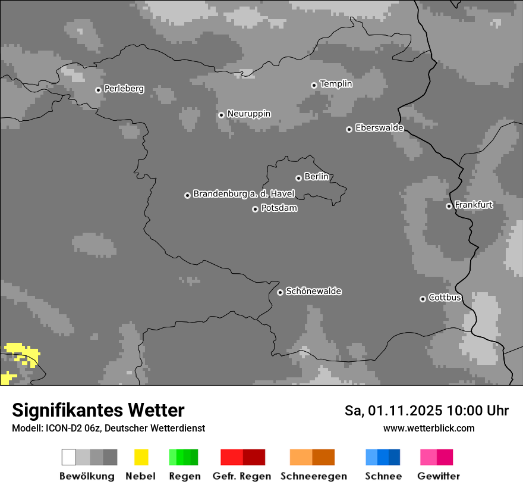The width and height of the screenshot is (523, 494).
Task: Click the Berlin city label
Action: click(x=316, y=177)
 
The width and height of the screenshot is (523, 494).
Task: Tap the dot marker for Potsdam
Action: click(x=255, y=209)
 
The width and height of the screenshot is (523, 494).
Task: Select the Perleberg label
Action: click(x=124, y=89)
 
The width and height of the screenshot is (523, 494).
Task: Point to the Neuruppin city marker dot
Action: click(x=221, y=115)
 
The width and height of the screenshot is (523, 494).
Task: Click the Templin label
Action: click(x=336, y=84)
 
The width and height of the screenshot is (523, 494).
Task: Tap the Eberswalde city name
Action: click(x=379, y=128)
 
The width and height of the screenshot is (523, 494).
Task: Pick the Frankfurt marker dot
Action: click(x=449, y=207)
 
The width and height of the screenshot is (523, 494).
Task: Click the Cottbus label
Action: click(x=445, y=298)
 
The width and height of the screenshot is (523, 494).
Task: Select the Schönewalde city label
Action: click(x=313, y=291)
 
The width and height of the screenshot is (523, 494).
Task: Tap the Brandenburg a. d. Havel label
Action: click(x=244, y=194)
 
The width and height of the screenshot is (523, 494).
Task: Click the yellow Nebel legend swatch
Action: click(x=141, y=457)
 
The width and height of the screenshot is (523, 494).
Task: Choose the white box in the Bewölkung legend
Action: click(x=69, y=457)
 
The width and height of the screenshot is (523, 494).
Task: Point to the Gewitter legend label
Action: click(x=439, y=476)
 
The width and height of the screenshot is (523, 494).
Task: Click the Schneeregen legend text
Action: click(x=313, y=476)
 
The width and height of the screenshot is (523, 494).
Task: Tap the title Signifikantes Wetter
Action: click(x=98, y=410)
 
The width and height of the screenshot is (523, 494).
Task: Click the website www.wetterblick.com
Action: click(x=429, y=428)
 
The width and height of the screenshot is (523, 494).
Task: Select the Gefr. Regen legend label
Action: click(x=241, y=476)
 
